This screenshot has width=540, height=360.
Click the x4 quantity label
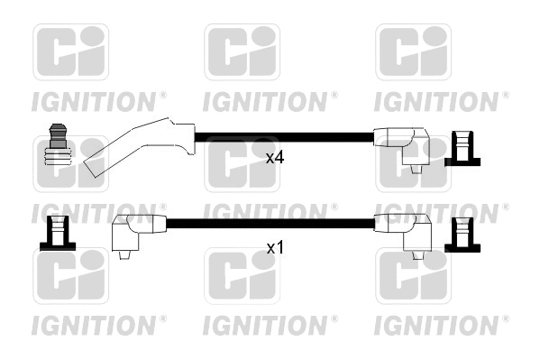coord(275,157)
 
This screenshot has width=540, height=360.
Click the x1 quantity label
coord(275,245)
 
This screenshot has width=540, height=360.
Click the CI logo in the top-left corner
coord(70,52)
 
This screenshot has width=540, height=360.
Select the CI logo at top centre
coord(242,52)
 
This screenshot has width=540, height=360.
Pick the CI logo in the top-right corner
coord(413,52)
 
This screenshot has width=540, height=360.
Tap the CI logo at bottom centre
coord(242,277)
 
